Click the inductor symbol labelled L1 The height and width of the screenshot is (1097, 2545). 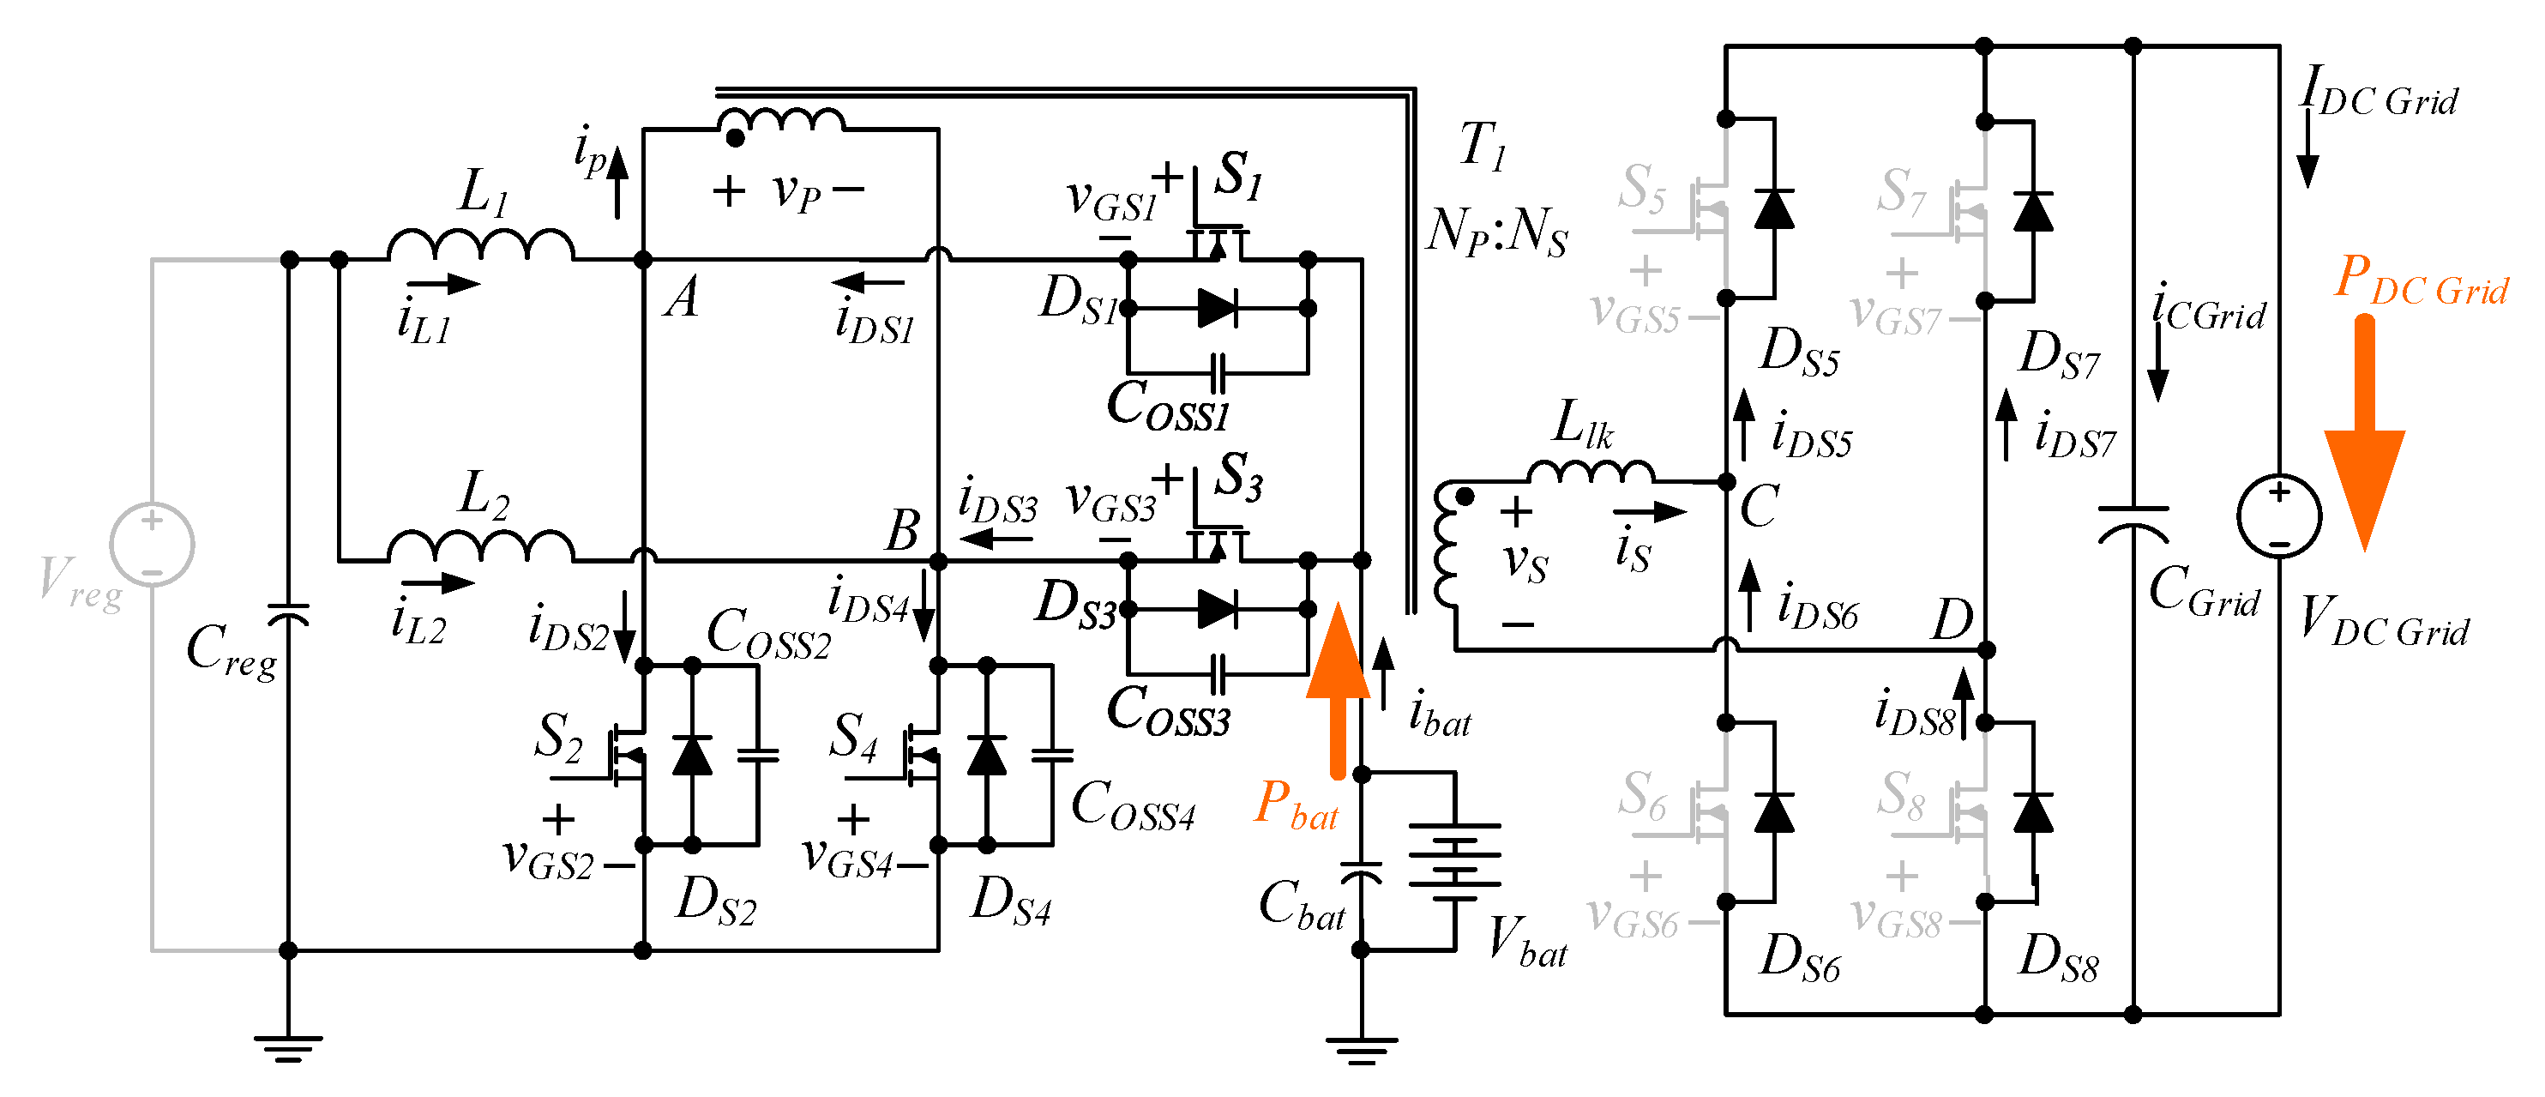coord(480,245)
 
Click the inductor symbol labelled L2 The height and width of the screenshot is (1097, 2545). coord(480,545)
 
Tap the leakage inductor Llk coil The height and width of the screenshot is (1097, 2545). coord(1590,472)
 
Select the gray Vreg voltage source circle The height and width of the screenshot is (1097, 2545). coord(151,545)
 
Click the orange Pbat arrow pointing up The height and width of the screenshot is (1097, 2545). coord(1338,692)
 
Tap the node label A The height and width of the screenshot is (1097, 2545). coord(682,298)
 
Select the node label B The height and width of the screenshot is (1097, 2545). coord(902,531)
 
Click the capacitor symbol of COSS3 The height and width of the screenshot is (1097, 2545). coord(1218,674)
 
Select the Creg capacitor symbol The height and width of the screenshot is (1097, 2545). coord(288,614)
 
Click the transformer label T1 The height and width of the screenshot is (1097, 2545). coord(1483,147)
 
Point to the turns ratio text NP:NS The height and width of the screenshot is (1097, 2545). coord(1497,233)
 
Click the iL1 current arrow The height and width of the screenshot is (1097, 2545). coord(443,285)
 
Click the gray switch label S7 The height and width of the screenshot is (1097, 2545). coord(1901,190)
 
